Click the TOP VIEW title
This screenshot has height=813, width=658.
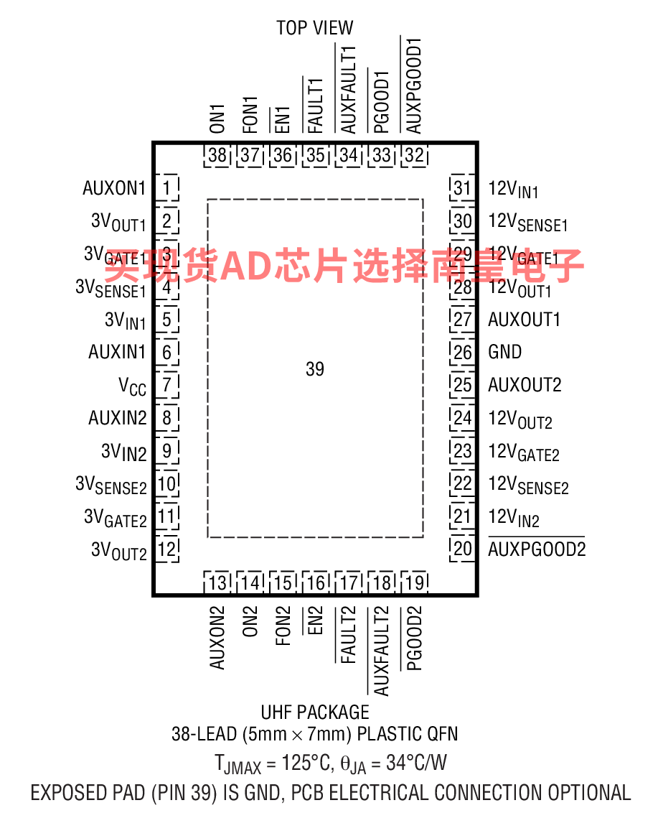click(314, 27)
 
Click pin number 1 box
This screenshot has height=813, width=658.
click(167, 187)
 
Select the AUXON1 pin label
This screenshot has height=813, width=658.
click(114, 187)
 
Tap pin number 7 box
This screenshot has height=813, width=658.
click(167, 385)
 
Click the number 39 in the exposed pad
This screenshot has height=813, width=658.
click(315, 369)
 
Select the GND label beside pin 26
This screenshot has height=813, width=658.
click(504, 352)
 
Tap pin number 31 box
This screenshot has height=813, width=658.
click(462, 187)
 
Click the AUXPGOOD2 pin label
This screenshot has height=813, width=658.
click(537, 549)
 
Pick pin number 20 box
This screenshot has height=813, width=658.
click(462, 549)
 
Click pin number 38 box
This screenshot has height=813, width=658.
click(217, 155)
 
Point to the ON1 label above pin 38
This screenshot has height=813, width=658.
click(217, 119)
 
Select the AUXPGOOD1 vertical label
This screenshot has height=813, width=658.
click(413, 85)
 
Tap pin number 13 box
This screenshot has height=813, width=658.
click(217, 582)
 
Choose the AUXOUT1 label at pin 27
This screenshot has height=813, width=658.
click(525, 320)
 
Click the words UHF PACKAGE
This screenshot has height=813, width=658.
click(315, 712)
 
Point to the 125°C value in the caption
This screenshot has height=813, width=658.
click(306, 763)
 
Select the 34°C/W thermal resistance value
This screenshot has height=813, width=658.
click(416, 763)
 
